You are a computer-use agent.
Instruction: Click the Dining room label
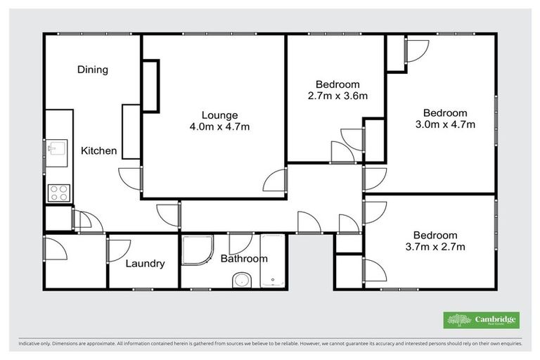coord(93,70)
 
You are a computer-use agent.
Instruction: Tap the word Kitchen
coord(98,150)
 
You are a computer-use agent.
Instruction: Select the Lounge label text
coord(219,115)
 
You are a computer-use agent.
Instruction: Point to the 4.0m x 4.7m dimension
coord(219,127)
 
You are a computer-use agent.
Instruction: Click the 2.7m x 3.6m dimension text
coord(337,96)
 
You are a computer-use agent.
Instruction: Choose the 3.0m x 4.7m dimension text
coord(444,125)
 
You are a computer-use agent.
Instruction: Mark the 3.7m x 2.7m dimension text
coord(435,247)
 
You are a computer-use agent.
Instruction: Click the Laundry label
coord(146,264)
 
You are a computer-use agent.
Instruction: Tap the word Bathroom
coord(244,259)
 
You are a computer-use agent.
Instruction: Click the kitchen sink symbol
coord(56,148)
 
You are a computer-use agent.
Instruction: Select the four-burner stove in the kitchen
coord(58,193)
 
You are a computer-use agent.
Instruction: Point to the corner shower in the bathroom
coord(197,250)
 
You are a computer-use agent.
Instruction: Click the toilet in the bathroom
coord(241,280)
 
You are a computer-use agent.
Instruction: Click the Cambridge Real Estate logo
coord(481,320)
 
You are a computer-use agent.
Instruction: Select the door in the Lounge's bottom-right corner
coord(275,181)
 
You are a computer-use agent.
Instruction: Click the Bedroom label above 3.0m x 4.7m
coord(444,113)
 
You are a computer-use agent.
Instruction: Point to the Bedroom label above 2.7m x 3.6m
coord(337,84)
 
